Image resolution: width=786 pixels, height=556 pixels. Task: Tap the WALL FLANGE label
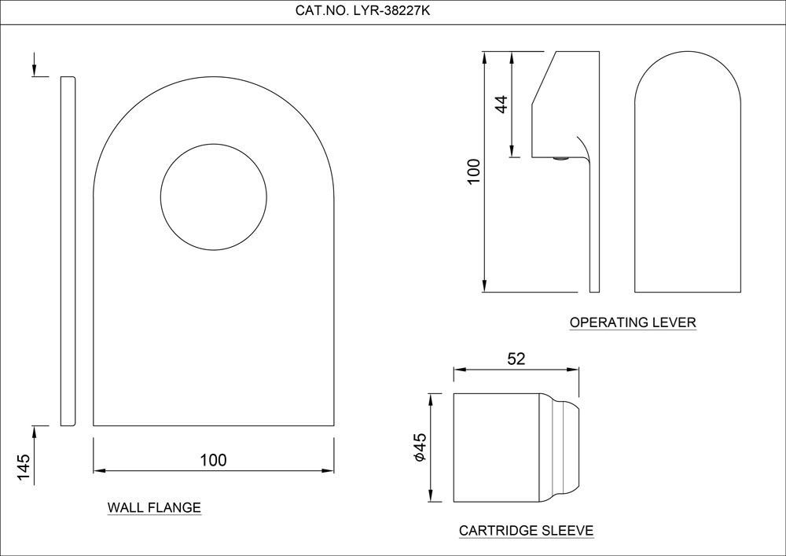tap(154, 507)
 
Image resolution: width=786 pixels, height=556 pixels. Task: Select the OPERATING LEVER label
tap(633, 322)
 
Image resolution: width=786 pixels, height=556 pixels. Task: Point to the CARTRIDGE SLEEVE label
tap(527, 530)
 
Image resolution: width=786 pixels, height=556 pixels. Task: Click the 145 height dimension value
tap(24, 467)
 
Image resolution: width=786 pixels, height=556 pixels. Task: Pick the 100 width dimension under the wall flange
tap(214, 460)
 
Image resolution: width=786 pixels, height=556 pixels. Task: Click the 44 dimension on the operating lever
tap(501, 104)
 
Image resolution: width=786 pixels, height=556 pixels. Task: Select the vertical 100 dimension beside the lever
tap(474, 171)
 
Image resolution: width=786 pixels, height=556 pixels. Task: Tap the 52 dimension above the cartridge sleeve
tap(516, 359)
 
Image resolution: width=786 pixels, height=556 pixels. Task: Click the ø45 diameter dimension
tap(419, 447)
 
